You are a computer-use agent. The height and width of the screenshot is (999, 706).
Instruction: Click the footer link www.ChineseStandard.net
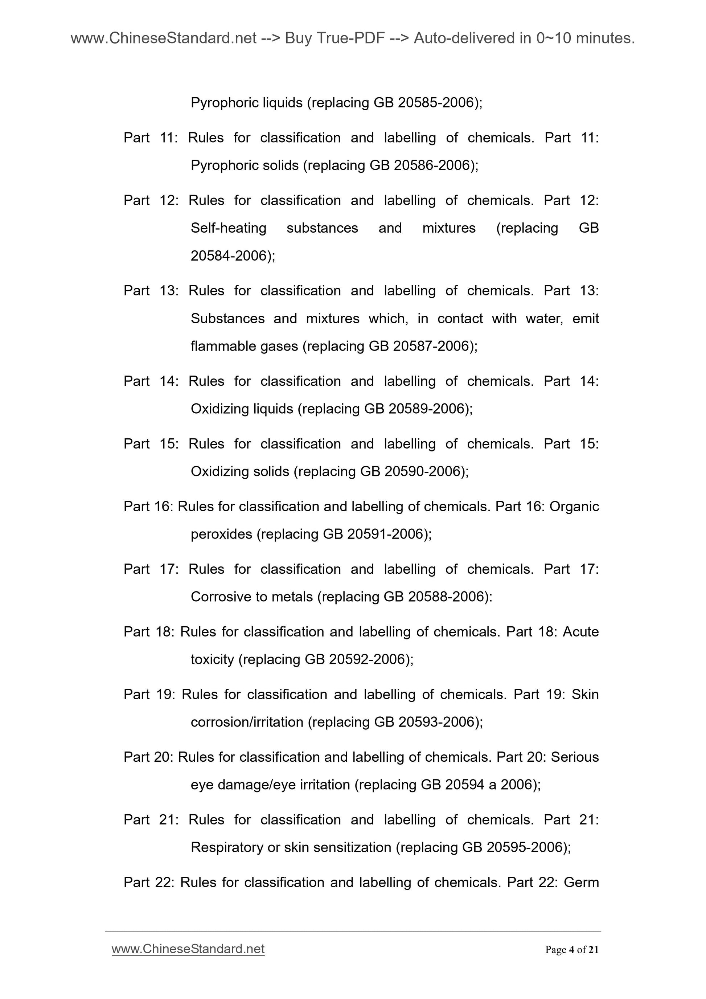[x=188, y=949]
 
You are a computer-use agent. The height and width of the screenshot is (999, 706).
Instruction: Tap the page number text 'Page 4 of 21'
[x=572, y=949]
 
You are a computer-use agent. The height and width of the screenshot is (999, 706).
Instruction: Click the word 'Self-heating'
[x=228, y=228]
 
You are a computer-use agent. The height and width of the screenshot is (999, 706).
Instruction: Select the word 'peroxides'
[x=221, y=534]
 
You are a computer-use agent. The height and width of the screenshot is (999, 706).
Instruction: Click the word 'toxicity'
[x=212, y=659]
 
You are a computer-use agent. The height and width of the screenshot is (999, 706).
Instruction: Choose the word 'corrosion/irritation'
[x=247, y=722]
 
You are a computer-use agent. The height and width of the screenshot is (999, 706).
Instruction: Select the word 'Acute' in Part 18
[x=581, y=631]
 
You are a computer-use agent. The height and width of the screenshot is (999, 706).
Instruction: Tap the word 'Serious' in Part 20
[x=575, y=757]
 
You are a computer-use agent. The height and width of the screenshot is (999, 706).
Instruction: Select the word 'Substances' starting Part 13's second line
[x=227, y=319]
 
